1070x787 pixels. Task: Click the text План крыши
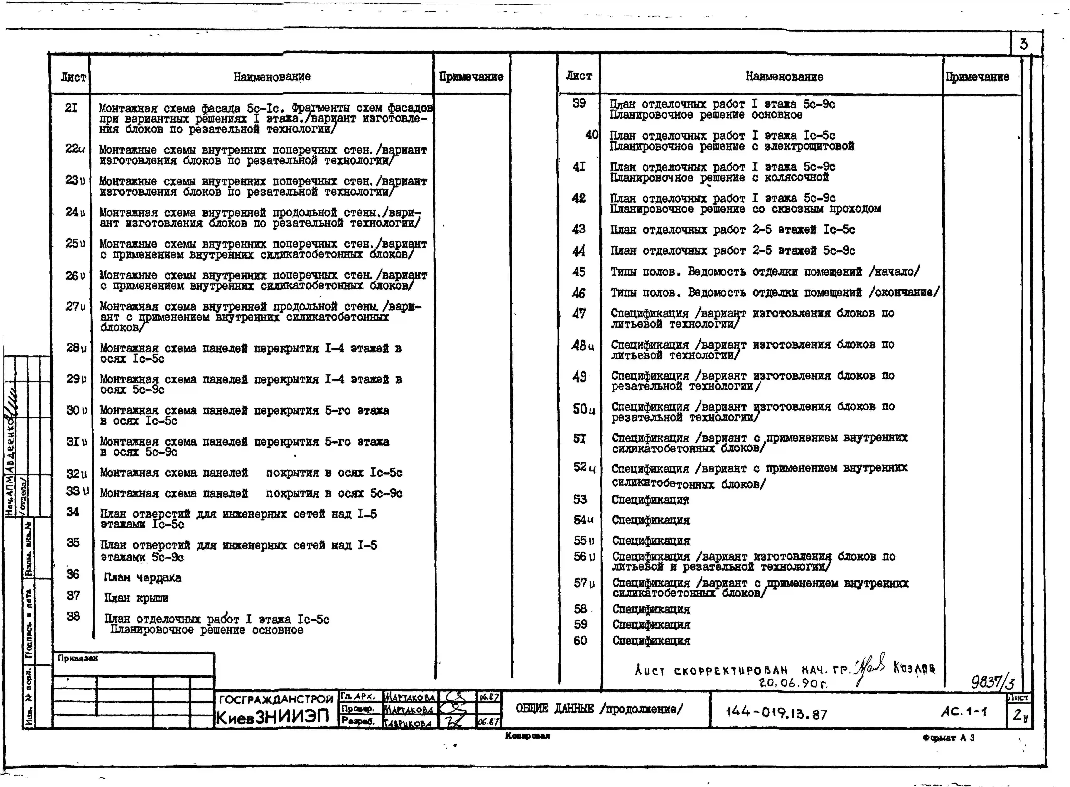tap(136, 598)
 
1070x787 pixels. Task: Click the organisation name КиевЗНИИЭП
tap(273, 717)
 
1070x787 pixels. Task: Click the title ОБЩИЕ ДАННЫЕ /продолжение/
tap(599, 709)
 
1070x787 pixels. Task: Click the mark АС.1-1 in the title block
tap(964, 712)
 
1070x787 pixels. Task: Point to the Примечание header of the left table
tap(471, 77)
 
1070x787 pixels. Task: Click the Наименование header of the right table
tap(784, 77)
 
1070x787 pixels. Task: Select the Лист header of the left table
tap(73, 77)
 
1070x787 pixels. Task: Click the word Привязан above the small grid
tap(78, 658)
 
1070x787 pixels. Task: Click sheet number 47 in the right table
tap(579, 313)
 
